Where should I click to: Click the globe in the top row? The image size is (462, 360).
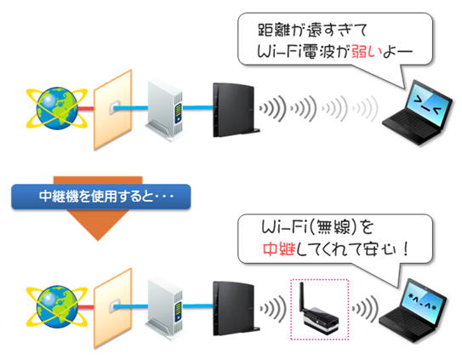(57, 108)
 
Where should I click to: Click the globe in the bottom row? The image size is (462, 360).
(57, 306)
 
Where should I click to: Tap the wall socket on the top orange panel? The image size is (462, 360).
(114, 108)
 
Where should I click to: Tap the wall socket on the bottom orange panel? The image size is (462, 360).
(114, 306)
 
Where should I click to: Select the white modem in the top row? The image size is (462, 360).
(165, 111)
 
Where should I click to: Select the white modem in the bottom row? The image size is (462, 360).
(165, 310)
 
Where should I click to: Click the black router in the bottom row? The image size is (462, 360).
(235, 309)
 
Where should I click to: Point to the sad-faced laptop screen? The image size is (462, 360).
(427, 103)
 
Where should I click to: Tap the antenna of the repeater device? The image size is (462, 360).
(302, 297)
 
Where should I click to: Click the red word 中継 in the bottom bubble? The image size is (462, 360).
(279, 249)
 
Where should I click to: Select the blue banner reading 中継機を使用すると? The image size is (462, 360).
(101, 197)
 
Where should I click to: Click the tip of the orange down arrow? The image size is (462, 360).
(98, 240)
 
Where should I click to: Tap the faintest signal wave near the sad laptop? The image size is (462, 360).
(365, 108)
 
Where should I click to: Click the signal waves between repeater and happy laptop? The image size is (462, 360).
(365, 309)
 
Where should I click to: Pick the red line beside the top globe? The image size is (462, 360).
(86, 108)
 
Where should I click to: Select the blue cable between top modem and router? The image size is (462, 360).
(198, 107)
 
